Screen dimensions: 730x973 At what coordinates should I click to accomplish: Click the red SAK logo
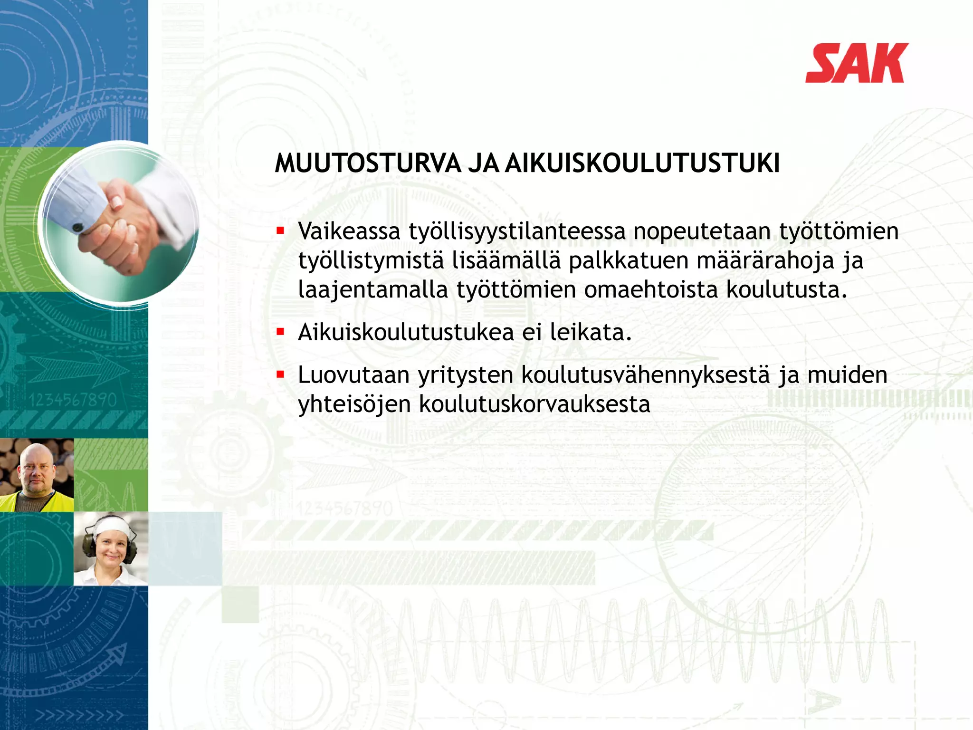(x=856, y=63)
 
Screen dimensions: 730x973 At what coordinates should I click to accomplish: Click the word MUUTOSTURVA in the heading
(x=368, y=163)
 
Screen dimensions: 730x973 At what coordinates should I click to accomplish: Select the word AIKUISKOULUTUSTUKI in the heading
(x=642, y=163)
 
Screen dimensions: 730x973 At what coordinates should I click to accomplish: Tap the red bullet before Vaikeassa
(x=280, y=231)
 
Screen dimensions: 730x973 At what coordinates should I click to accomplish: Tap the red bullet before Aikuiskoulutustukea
(x=280, y=332)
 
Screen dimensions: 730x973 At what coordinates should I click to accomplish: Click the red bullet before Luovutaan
(x=280, y=375)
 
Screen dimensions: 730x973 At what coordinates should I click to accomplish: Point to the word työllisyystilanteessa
(x=517, y=232)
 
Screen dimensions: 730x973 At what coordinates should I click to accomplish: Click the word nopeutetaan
(x=702, y=231)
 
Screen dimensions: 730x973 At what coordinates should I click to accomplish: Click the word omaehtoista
(x=650, y=290)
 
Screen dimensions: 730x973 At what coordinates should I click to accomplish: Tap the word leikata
(x=591, y=332)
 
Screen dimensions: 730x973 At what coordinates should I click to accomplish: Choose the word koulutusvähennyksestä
(x=645, y=375)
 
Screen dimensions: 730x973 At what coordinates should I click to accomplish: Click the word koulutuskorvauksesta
(x=534, y=404)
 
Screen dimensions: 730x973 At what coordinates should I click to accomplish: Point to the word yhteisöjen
(x=354, y=404)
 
